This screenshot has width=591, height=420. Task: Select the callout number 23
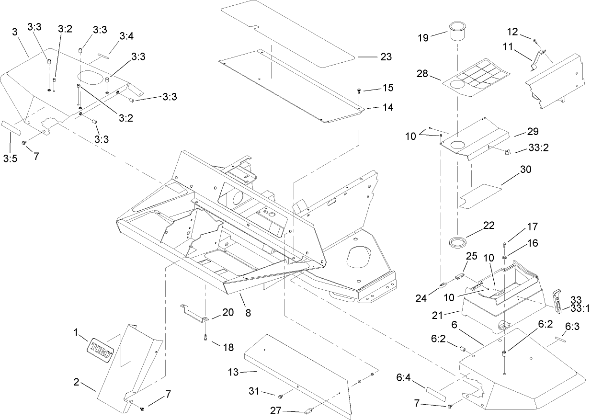(x=386, y=57)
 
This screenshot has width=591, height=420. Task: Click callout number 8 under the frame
(x=248, y=314)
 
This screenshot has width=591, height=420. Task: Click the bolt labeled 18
(x=205, y=338)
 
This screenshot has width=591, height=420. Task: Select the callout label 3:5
(x=10, y=159)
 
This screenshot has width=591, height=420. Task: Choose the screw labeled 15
(x=359, y=91)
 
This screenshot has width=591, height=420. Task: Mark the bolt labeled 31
(x=280, y=397)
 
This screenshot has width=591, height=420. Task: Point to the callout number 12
(x=512, y=32)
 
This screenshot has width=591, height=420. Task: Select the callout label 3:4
(x=126, y=36)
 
